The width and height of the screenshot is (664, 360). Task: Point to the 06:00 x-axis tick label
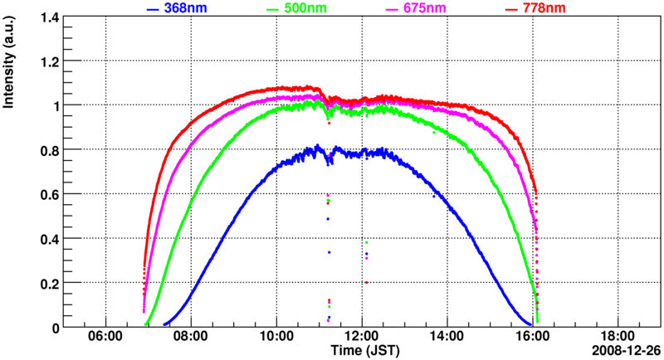105,338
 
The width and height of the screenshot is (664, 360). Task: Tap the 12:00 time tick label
362,338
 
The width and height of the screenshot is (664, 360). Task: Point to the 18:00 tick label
618,338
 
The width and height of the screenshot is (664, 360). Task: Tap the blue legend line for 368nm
152,9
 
